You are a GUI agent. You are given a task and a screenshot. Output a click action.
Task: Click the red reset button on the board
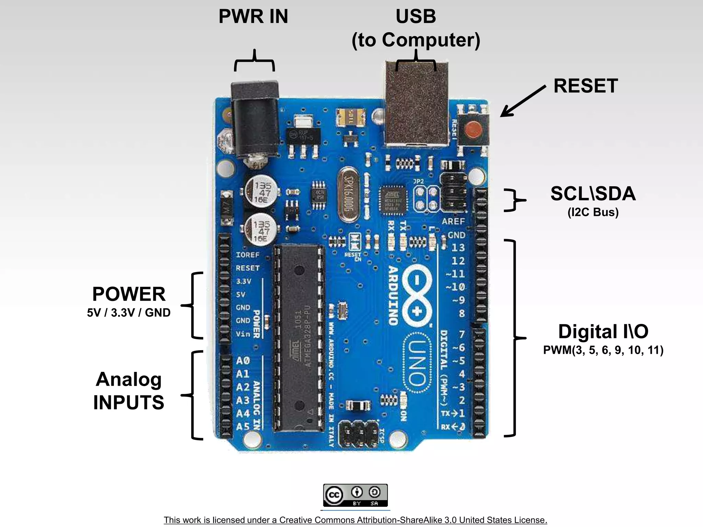pyautogui.click(x=473, y=130)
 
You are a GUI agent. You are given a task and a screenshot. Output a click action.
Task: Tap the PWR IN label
pyautogui.click(x=253, y=16)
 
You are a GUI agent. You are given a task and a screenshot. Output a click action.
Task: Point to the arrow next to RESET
pyautogui.click(x=522, y=102)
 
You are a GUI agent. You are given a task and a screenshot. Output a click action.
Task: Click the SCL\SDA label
pyautogui.click(x=593, y=194)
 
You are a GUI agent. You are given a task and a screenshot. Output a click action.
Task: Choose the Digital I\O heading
pyautogui.click(x=603, y=332)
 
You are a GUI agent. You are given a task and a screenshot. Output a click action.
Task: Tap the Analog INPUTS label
pyautogui.click(x=129, y=391)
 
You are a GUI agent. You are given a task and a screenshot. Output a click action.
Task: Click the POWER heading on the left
pyautogui.click(x=129, y=294)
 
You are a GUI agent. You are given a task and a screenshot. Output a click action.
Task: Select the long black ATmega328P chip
pyautogui.click(x=299, y=338)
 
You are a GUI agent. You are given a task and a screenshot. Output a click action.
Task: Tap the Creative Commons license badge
pyautogui.click(x=355, y=495)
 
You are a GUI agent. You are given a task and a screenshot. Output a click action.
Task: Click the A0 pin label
pyautogui.click(x=243, y=361)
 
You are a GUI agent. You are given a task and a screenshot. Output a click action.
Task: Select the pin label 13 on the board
pyautogui.click(x=458, y=248)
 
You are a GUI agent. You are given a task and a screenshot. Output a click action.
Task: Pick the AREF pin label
pyautogui.click(x=453, y=222)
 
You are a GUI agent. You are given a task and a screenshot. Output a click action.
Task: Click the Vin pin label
pyautogui.click(x=243, y=334)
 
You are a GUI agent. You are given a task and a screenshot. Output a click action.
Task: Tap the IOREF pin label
pyautogui.click(x=247, y=255)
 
